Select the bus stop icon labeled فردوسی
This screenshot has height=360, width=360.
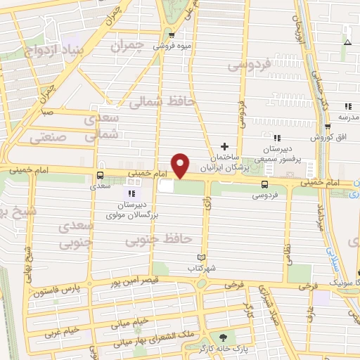(264, 185)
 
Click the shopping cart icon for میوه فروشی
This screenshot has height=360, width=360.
(172, 34)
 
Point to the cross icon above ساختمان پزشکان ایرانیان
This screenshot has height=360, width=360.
(224, 146)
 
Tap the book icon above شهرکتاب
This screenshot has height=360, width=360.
(202, 258)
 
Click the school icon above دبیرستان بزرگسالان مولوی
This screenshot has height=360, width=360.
(131, 193)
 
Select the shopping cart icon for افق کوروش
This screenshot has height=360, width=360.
(328, 127)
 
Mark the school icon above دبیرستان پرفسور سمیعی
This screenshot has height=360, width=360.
(277, 139)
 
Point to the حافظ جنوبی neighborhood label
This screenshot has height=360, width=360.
(158, 240)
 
